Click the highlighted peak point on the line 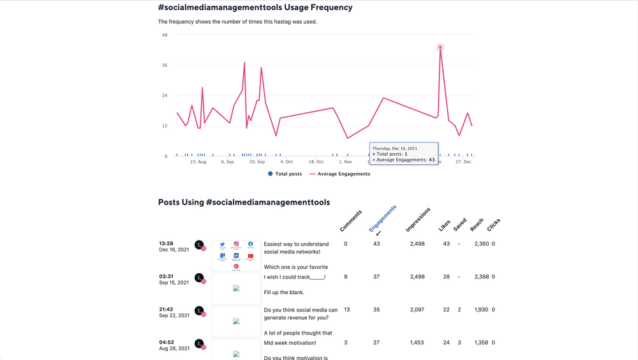440,47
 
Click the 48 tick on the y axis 165,35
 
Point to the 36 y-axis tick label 165,65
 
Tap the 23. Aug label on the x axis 198,162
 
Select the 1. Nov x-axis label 344,162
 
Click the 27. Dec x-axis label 463,162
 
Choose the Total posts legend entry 285,174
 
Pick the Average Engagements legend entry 339,174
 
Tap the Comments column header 351,220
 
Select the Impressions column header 418,219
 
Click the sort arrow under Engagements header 378,234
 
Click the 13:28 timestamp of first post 166,243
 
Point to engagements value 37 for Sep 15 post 376,277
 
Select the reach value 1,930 481,310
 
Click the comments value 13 346,310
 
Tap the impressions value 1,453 417,343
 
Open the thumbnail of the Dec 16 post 236,255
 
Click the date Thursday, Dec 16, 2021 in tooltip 395,148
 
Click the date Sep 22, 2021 174,315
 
